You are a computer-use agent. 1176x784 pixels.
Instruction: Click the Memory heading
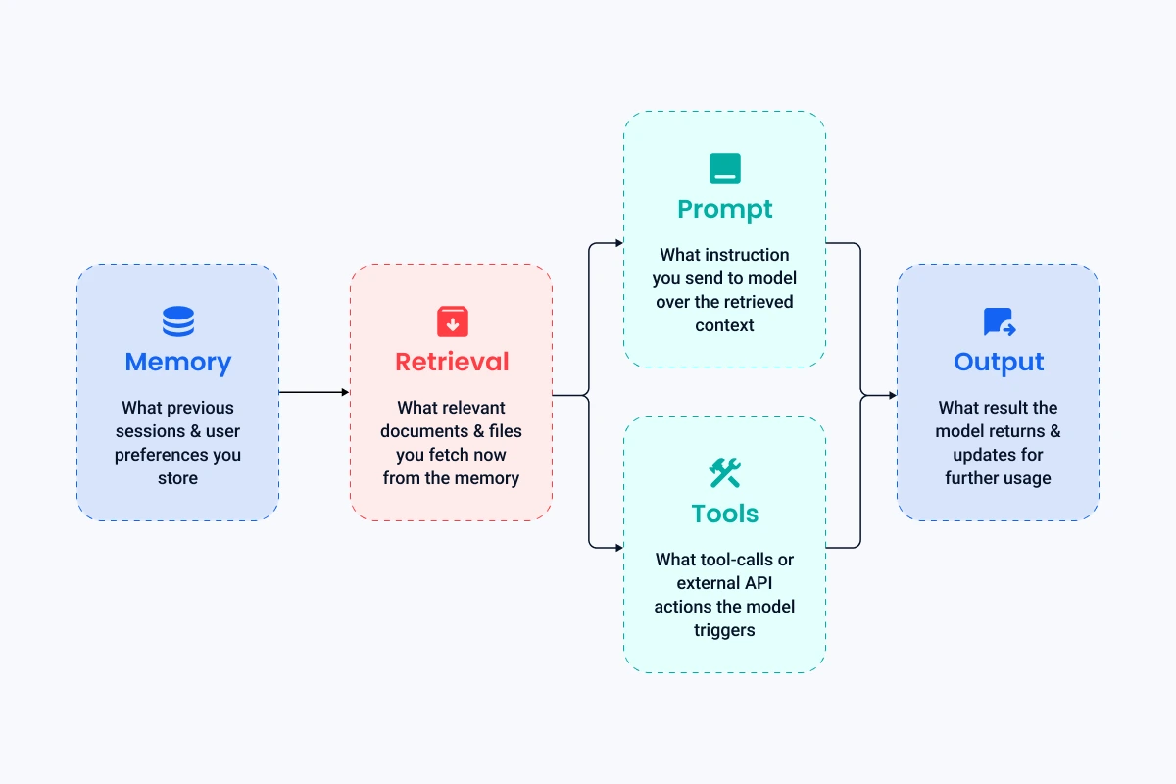[177, 362]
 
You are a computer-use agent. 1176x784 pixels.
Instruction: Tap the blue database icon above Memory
[177, 321]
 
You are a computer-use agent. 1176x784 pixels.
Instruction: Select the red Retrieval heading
[452, 362]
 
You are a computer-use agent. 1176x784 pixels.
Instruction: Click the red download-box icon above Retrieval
[452, 321]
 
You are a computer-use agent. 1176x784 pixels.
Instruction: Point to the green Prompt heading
[724, 209]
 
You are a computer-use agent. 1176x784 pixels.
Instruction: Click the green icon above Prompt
[724, 169]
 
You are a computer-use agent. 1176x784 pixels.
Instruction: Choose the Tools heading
[724, 514]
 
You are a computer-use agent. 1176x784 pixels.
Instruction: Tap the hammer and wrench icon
[724, 473]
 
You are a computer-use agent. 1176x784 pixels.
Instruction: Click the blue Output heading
[999, 362]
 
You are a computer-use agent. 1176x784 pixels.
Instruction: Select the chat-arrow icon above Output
[999, 321]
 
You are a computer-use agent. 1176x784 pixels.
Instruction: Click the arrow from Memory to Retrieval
[314, 392]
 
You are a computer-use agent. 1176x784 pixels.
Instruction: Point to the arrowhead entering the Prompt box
[618, 242]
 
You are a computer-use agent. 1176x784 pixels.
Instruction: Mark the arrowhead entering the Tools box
[618, 546]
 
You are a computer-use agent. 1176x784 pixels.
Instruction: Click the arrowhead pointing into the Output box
[892, 395]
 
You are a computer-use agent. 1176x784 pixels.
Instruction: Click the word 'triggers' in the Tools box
[724, 630]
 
